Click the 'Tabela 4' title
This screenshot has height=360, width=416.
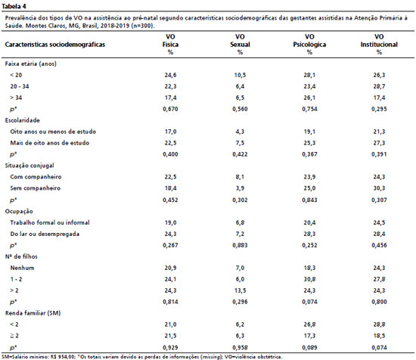tap(14, 6)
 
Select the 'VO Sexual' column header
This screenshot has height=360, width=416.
tap(240, 41)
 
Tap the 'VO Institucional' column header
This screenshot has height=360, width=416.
tap(379, 41)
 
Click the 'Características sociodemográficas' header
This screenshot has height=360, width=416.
tap(55, 45)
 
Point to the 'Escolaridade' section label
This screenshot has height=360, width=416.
tap(22, 120)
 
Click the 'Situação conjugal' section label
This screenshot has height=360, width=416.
tap(29, 166)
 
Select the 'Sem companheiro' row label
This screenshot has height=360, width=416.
tap(36, 188)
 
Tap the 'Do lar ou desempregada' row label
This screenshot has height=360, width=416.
tap(45, 234)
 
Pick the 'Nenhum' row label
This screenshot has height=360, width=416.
tap(22, 268)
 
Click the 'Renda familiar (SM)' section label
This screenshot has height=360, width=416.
tap(33, 313)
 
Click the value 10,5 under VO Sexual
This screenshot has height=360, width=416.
tap(240, 75)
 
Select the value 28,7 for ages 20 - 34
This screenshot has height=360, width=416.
tap(379, 86)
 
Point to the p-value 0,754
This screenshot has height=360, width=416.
tap(309, 109)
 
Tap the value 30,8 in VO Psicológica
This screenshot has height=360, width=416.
tap(309, 279)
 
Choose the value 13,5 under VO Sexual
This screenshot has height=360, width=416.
tap(240, 290)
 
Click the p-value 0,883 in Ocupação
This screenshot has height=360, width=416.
tap(240, 245)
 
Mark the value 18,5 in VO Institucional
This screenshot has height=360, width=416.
tap(379, 336)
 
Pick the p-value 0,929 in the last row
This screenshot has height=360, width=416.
tap(170, 347)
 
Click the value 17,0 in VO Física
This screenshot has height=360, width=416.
tap(170, 132)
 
